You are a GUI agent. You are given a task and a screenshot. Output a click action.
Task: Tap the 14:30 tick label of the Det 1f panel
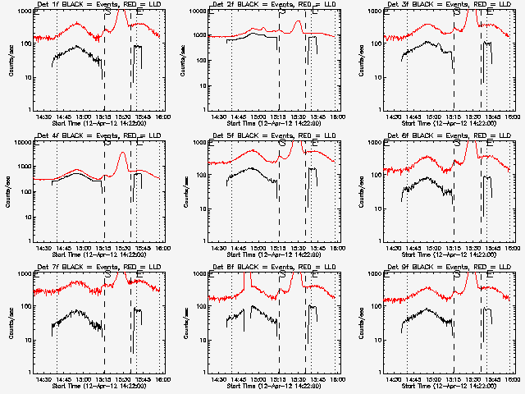[x=45, y=116]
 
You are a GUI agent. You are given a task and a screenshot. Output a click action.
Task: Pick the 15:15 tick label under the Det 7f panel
[x=103, y=378]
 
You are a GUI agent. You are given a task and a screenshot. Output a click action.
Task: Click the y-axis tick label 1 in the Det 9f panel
[x=377, y=370]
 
